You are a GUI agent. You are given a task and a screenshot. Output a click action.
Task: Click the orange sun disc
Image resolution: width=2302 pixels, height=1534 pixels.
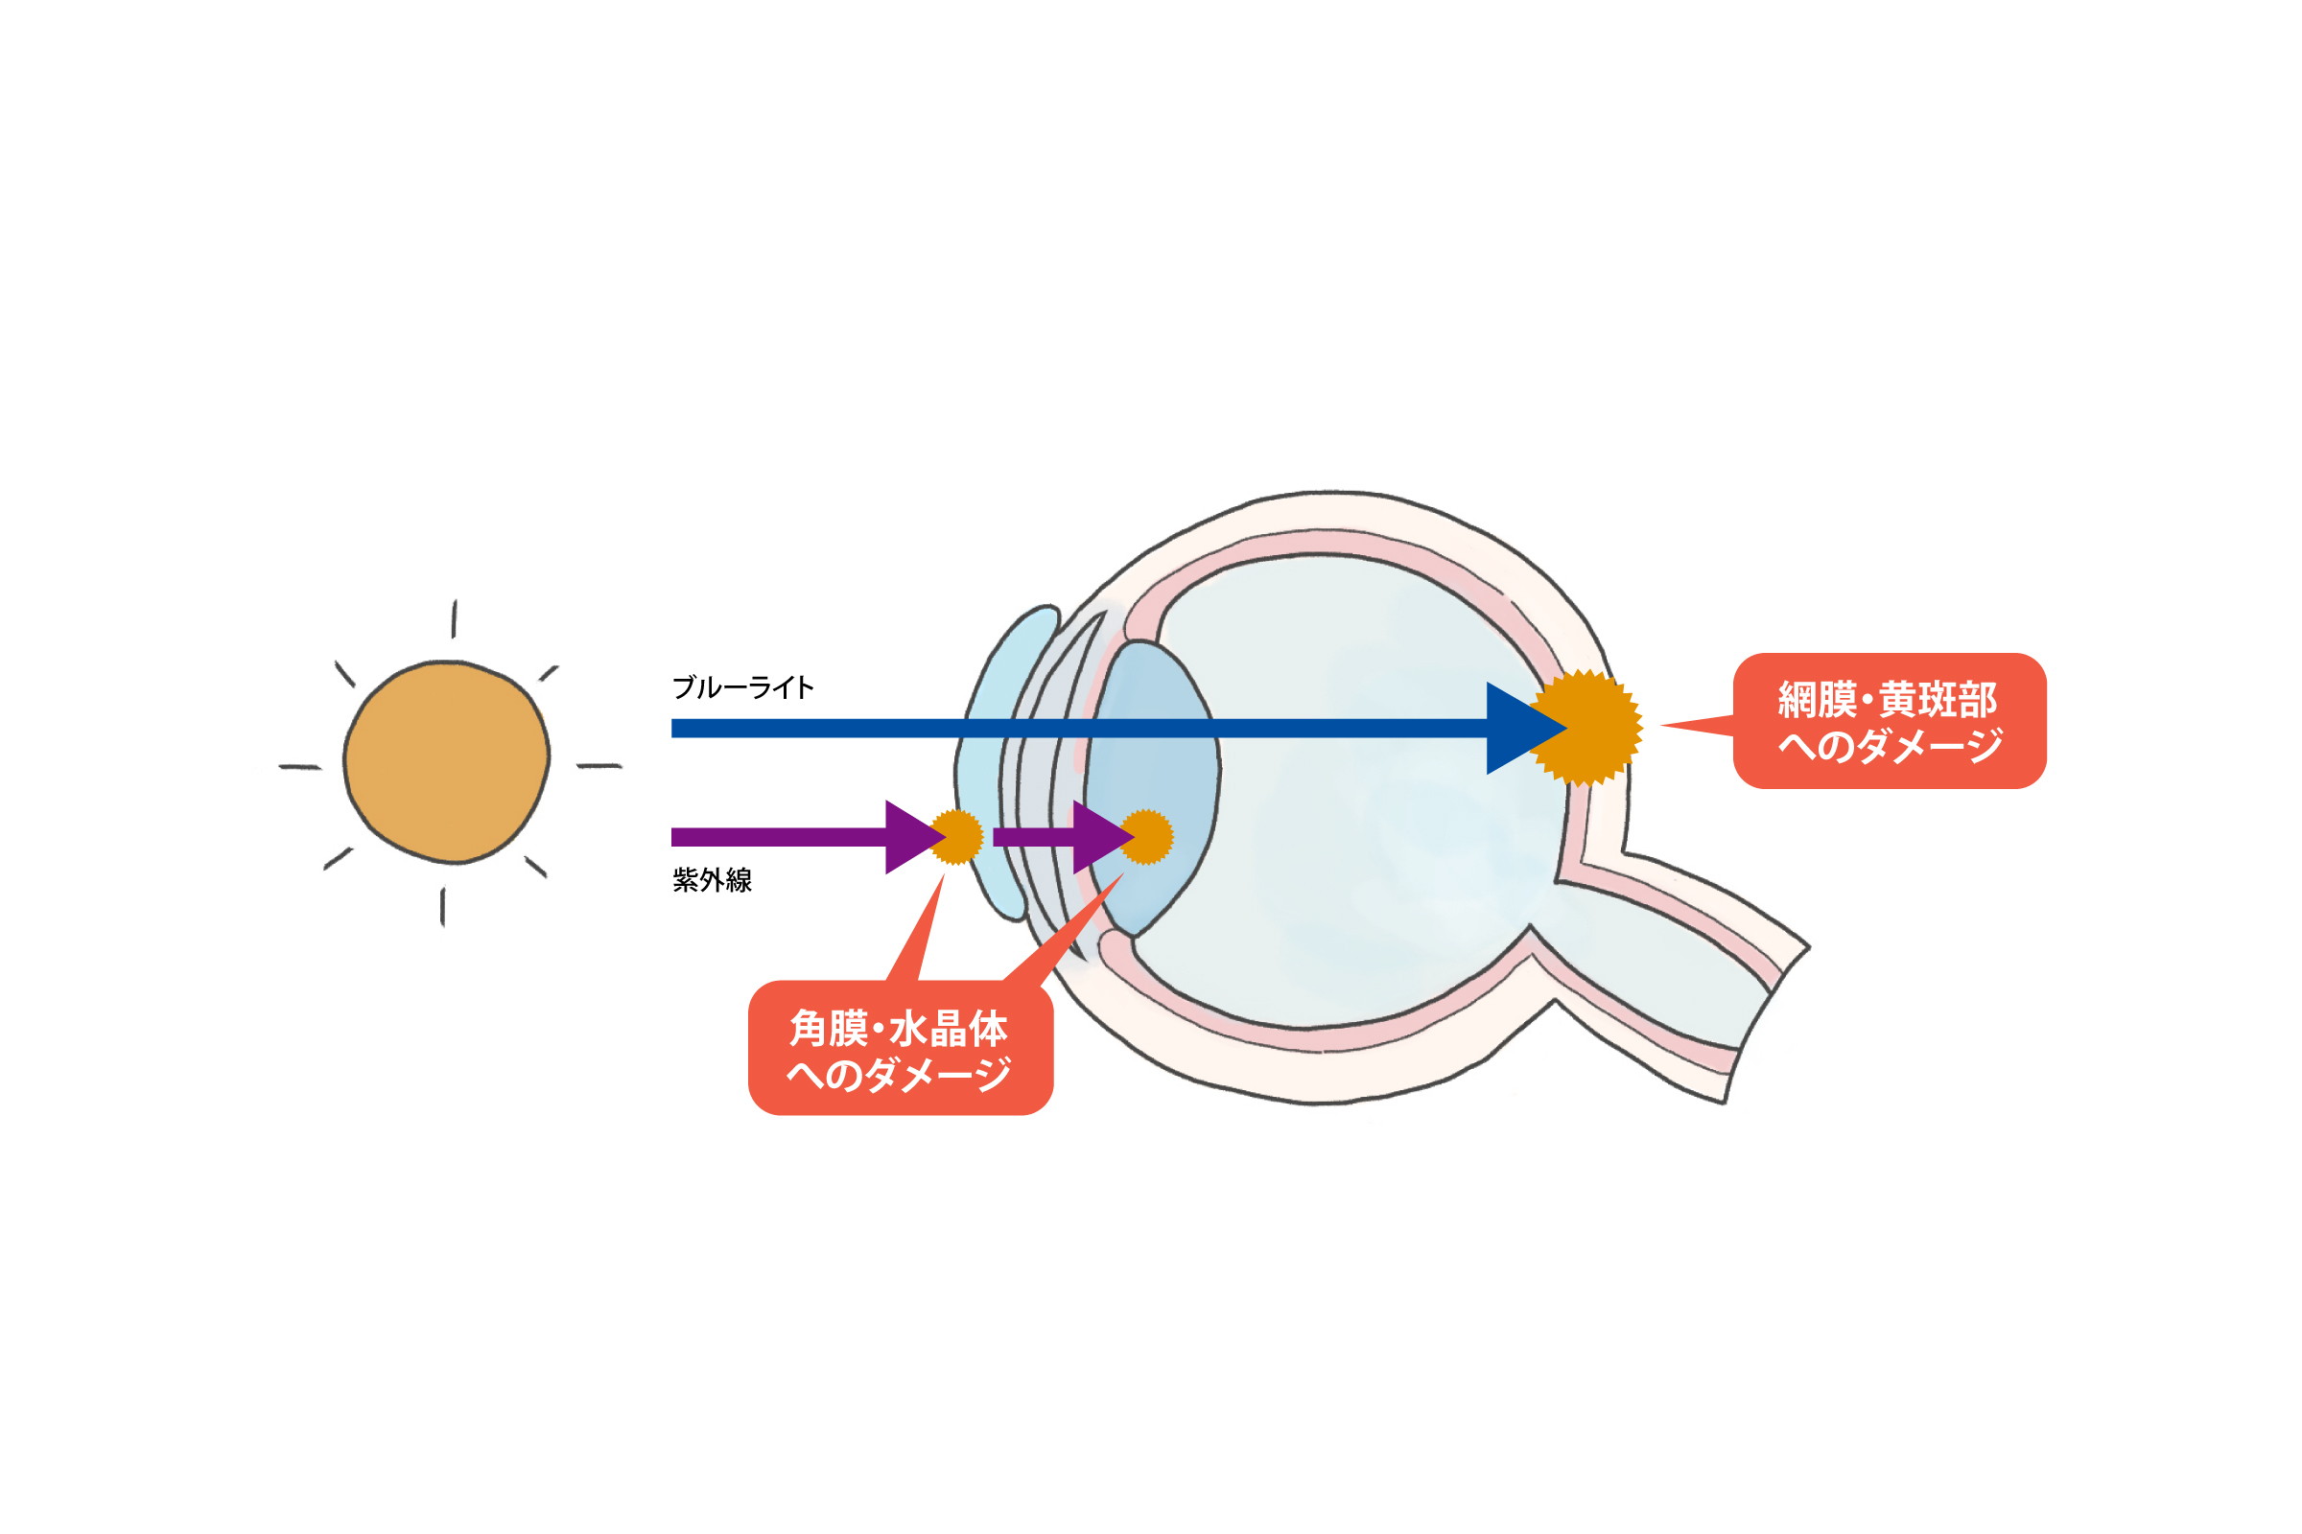pyautogui.click(x=446, y=762)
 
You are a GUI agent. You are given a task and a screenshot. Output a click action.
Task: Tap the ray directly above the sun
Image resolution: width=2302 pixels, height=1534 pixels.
pyautogui.click(x=454, y=618)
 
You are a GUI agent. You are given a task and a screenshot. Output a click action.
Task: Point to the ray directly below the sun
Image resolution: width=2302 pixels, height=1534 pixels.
pyautogui.click(x=443, y=907)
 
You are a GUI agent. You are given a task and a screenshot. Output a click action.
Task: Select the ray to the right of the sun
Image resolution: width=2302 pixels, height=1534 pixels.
pyautogui.click(x=599, y=766)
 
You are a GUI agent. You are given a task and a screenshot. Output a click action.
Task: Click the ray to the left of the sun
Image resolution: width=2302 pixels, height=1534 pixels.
pyautogui.click(x=300, y=767)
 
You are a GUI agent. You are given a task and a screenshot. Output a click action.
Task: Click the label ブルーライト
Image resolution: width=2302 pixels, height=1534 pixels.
pyautogui.click(x=742, y=687)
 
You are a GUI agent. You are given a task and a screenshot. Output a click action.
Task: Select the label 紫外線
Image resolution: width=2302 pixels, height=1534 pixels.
pyautogui.click(x=713, y=880)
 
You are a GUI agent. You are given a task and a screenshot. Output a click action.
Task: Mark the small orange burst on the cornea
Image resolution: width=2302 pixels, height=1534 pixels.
pyautogui.click(x=957, y=837)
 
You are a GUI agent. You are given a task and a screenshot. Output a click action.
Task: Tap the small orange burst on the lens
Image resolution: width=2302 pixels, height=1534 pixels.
pyautogui.click(x=1147, y=837)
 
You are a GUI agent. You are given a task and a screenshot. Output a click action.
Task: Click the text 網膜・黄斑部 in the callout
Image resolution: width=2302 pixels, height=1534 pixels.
pyautogui.click(x=1888, y=700)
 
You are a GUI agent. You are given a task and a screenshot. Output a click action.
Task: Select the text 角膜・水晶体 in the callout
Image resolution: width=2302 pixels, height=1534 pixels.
pyautogui.click(x=900, y=1029)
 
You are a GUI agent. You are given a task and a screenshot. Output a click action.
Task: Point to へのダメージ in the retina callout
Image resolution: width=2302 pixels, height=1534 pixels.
pyautogui.click(x=1890, y=747)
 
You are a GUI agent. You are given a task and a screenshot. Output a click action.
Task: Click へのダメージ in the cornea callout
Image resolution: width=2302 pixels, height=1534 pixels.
pyautogui.click(x=900, y=1075)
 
